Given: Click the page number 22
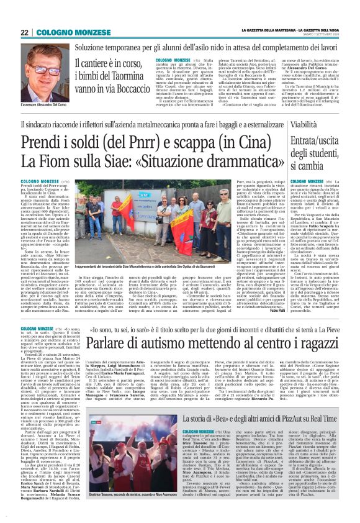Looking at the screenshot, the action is tap(24, 32).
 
